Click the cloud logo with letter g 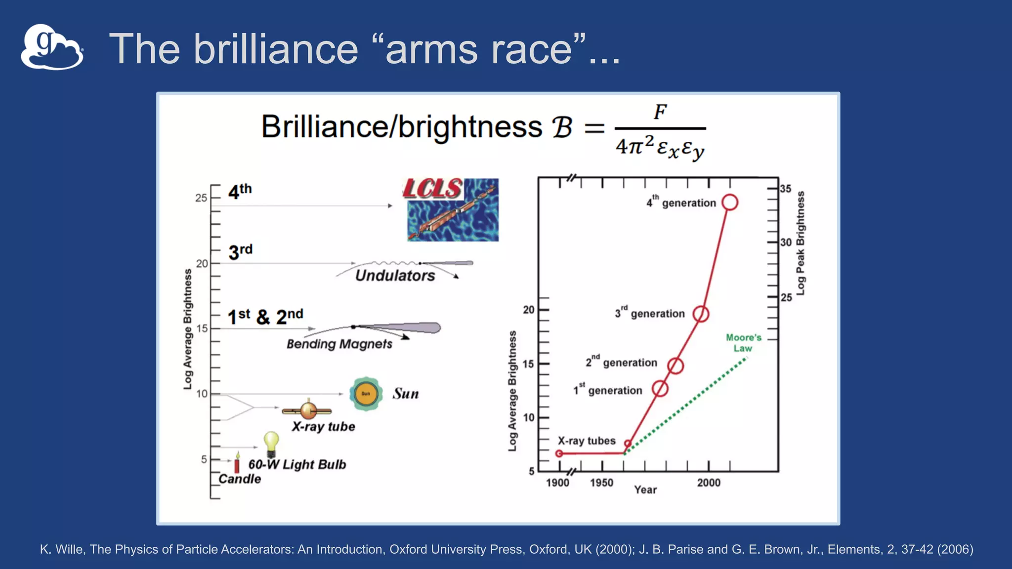(x=52, y=47)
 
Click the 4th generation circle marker (x=730, y=203)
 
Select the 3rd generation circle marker (x=701, y=314)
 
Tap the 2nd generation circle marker (x=675, y=366)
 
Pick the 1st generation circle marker (x=660, y=389)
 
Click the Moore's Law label (x=743, y=343)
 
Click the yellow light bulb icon (x=271, y=443)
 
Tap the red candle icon (x=237, y=463)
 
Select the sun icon (x=366, y=394)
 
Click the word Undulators (x=395, y=276)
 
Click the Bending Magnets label (x=339, y=344)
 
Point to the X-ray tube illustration (x=307, y=410)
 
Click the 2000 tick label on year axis (x=709, y=483)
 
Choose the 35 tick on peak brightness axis (x=786, y=189)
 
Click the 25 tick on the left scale (x=201, y=198)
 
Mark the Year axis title (x=645, y=489)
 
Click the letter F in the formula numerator (x=660, y=112)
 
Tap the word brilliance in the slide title (x=276, y=49)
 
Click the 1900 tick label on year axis (x=557, y=483)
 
